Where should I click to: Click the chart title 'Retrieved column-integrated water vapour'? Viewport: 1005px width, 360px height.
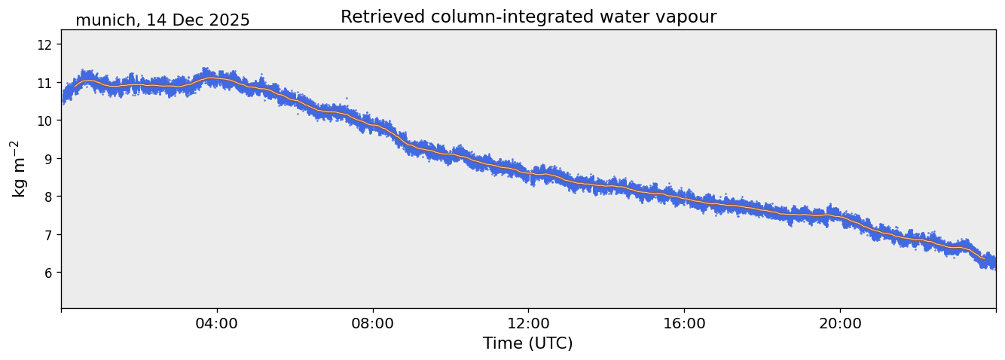coord(528,17)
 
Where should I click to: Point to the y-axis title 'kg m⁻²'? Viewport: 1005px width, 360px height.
coord(19,169)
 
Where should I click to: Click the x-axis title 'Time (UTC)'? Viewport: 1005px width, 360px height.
coord(527,343)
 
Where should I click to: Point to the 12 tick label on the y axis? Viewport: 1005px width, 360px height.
coord(44,44)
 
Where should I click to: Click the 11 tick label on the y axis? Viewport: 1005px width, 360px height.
coord(44,82)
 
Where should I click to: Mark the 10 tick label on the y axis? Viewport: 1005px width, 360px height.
coord(44,121)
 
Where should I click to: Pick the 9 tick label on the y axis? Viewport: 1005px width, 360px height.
coord(47,158)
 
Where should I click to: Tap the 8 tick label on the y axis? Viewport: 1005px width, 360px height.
coord(47,197)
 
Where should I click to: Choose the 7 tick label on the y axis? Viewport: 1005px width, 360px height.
coord(47,234)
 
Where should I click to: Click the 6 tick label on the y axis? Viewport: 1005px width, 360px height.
coord(47,272)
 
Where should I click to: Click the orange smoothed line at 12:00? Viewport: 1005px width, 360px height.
coord(528,173)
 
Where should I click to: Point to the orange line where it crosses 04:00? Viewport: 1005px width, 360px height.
coord(217,78)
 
